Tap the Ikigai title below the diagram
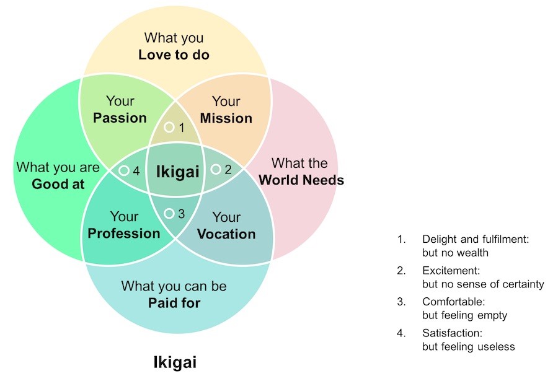click(x=175, y=362)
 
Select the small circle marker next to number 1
click(x=169, y=127)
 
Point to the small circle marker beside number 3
click(x=169, y=214)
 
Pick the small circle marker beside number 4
click(x=123, y=170)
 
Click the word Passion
click(x=120, y=118)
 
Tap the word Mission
click(x=226, y=118)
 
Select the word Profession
click(x=124, y=234)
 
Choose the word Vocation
click(x=226, y=234)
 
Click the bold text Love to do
click(x=174, y=55)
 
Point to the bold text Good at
click(x=58, y=184)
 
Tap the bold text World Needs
click(x=301, y=180)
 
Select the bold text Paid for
click(x=174, y=303)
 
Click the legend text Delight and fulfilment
click(x=475, y=239)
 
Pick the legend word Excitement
click(x=451, y=271)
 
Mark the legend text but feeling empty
click(x=464, y=315)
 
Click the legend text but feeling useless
click(x=468, y=346)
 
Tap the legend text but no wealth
click(x=455, y=253)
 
